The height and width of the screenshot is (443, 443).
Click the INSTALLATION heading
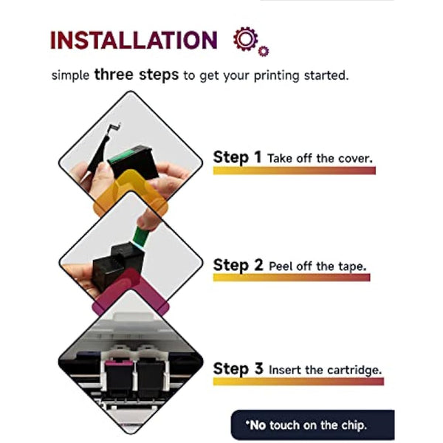coord(134,40)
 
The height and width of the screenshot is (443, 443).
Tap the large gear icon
coord(246,38)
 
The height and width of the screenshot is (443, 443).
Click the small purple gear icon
coord(264,51)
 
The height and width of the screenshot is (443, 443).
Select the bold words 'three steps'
coord(137,75)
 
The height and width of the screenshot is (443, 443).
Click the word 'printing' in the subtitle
coord(277,76)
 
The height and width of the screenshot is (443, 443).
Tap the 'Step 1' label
coord(237,157)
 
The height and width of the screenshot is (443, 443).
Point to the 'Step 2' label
coord(238,265)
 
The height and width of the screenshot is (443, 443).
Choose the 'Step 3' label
coord(238,368)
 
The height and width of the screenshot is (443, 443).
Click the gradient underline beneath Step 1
coord(295,171)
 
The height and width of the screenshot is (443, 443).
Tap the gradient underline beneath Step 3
coord(298,382)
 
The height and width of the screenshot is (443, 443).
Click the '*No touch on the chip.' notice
coord(306,425)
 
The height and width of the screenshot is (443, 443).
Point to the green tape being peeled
coord(140,236)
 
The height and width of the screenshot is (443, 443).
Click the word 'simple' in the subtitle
coord(70,76)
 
